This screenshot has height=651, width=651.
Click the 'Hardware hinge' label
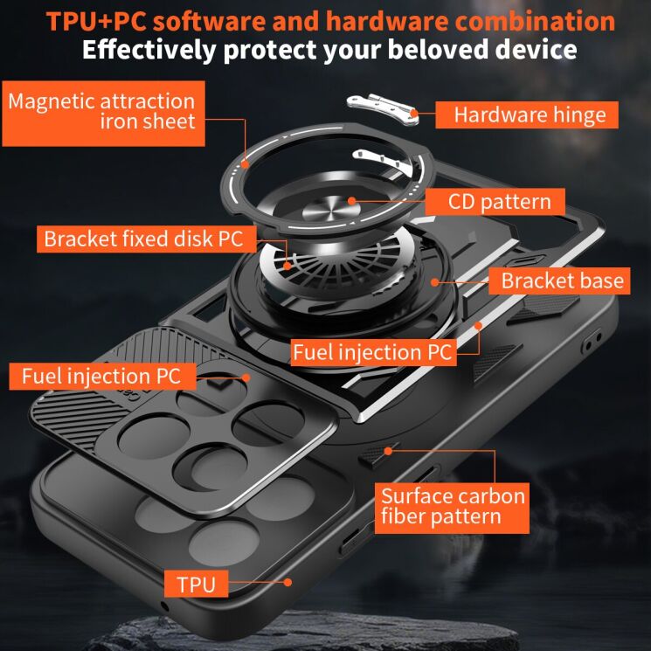coord(526,115)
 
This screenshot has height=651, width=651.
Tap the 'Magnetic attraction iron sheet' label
coord(103,114)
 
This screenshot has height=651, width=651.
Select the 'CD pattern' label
coord(495,202)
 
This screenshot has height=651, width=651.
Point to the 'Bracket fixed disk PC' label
coord(146,239)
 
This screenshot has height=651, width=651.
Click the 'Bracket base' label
coord(559,280)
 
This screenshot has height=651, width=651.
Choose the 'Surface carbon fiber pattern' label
coord(452,508)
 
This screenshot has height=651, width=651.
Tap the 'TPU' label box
coord(196,584)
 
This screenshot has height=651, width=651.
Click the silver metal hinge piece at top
coord(383,108)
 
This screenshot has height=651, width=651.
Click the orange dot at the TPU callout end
coord(287,583)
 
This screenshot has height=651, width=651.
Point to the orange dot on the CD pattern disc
coord(351,201)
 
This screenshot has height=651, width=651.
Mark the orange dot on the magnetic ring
coord(245,164)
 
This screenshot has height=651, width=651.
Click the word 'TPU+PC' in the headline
coord(96,21)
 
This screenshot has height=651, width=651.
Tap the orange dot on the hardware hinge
coord(414,114)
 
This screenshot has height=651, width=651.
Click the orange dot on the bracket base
coord(434,282)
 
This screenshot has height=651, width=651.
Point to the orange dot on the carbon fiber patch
coord(388,451)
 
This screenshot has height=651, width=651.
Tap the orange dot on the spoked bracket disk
coord(287,266)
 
